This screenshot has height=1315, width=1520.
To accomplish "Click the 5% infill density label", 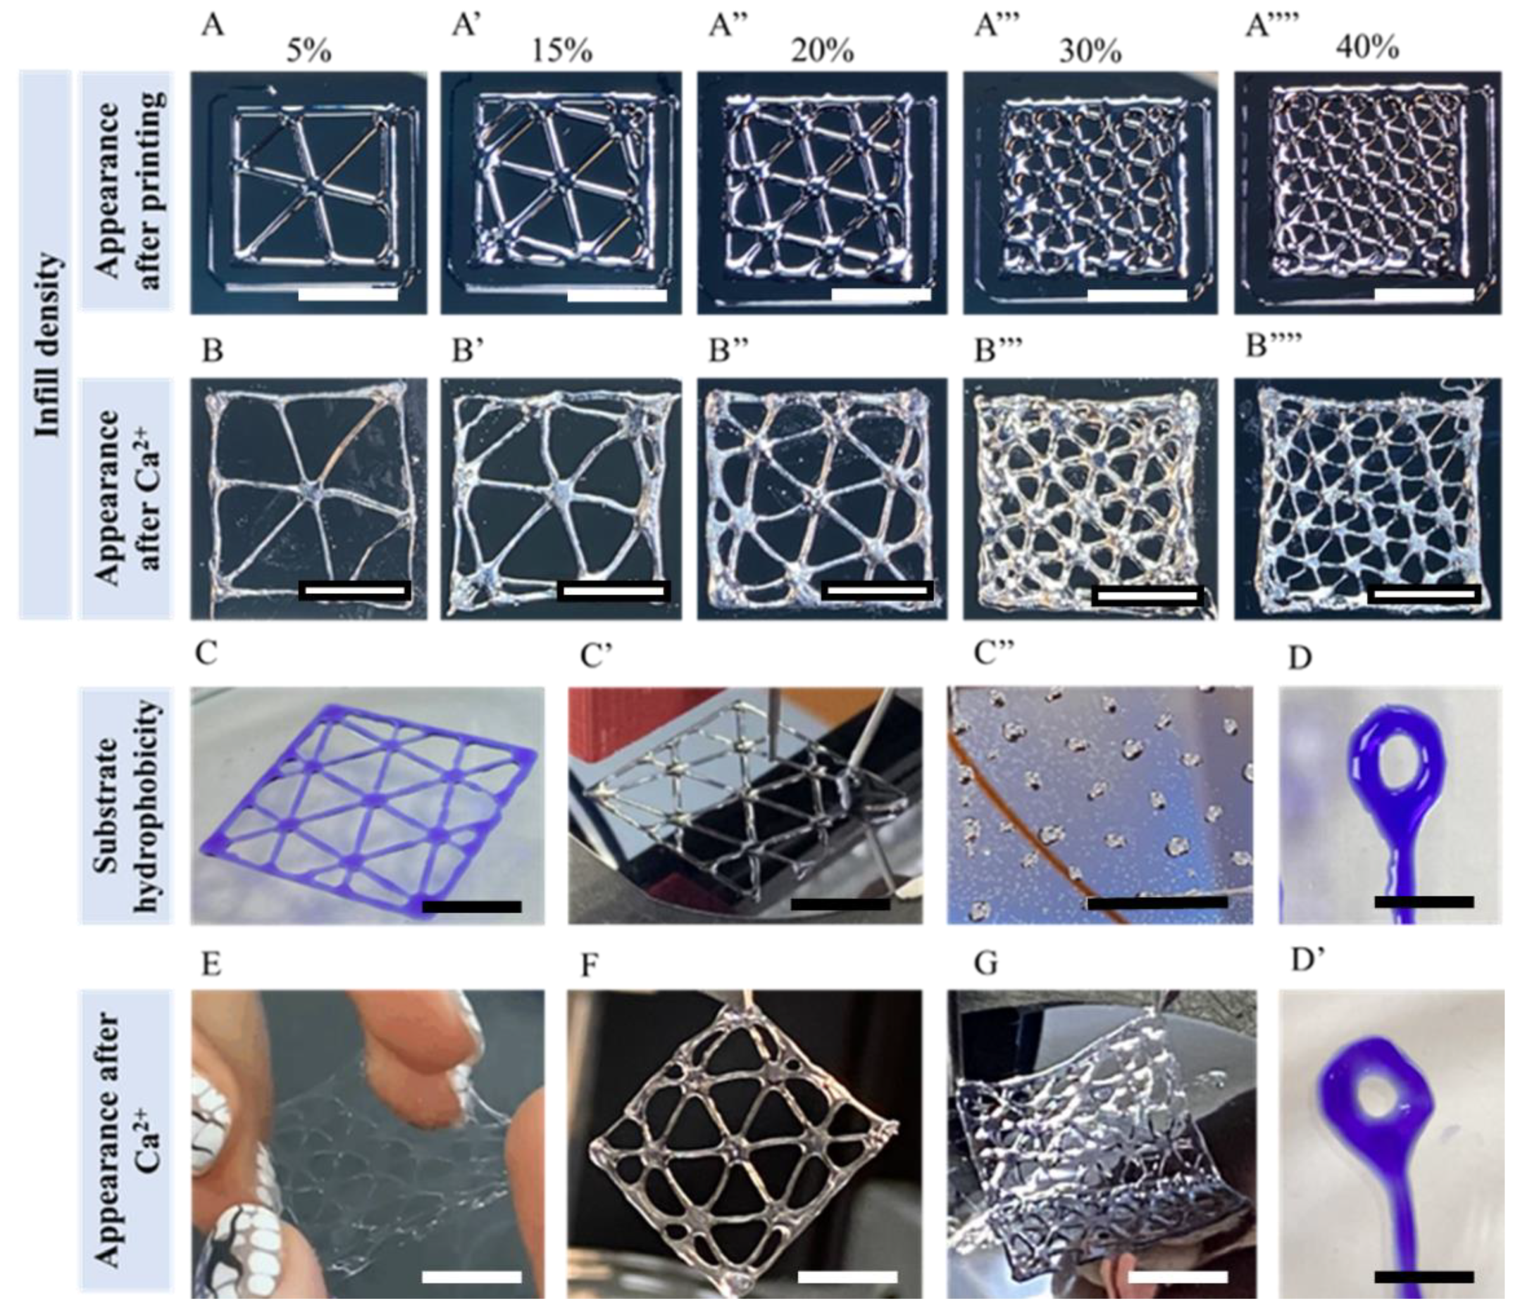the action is tap(309, 51).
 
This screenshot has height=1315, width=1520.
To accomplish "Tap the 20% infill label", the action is tap(822, 51).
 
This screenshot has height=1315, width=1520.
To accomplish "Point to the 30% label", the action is tap(1090, 51).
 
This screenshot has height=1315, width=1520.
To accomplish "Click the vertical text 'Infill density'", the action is tap(47, 345).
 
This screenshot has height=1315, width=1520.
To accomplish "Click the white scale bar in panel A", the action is tap(349, 295).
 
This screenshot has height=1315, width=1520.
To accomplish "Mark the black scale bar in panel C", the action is tap(472, 907).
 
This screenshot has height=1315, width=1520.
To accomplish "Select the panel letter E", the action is tap(211, 965).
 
